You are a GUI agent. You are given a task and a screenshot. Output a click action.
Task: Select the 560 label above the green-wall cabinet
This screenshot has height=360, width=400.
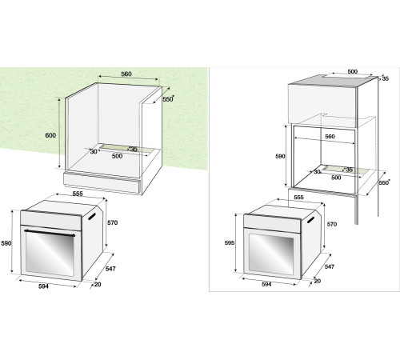[x=126, y=74]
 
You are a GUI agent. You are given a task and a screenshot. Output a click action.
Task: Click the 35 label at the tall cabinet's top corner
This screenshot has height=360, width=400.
[x=384, y=79]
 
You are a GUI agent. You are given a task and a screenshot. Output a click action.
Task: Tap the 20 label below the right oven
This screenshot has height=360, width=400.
[x=318, y=281]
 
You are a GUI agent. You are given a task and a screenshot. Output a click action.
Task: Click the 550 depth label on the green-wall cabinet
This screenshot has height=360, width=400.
[x=167, y=100]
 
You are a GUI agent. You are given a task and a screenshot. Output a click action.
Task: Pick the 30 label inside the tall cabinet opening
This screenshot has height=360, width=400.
[x=317, y=171]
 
